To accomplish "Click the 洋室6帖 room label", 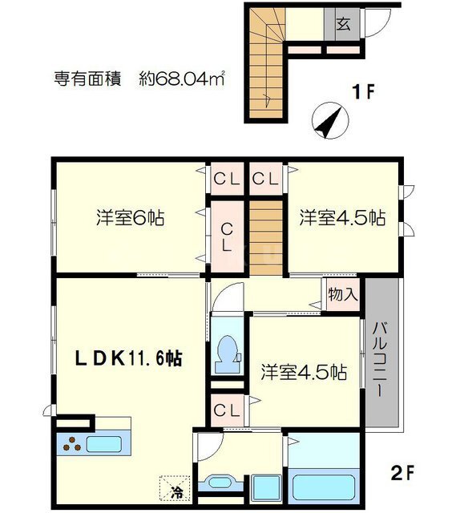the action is pyautogui.click(x=130, y=217).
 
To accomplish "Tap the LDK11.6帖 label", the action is pyautogui.click(x=128, y=358).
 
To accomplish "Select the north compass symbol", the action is pyautogui.click(x=330, y=120).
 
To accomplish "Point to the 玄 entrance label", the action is pyautogui.click(x=344, y=23).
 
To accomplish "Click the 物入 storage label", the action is pyautogui.click(x=343, y=294).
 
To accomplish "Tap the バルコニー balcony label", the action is pyautogui.click(x=380, y=359).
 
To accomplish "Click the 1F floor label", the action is pyautogui.click(x=363, y=91).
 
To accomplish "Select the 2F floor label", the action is pyautogui.click(x=403, y=473).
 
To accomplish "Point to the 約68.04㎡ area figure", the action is pyautogui.click(x=182, y=79).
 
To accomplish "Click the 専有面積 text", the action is pyautogui.click(x=87, y=79).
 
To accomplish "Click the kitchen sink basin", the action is pyautogui.click(x=103, y=444).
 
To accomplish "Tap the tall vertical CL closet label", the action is pyautogui.click(x=227, y=237).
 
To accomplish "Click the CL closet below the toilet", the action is pyautogui.click(x=227, y=410).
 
